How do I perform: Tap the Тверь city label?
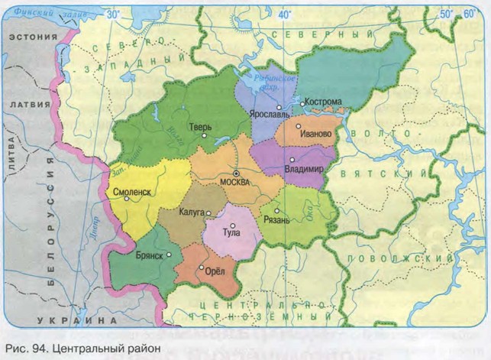202,127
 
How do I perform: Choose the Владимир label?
303,168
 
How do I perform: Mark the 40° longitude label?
286,15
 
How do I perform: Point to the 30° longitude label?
113,15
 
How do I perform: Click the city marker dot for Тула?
233,225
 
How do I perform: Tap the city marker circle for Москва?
236,173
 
